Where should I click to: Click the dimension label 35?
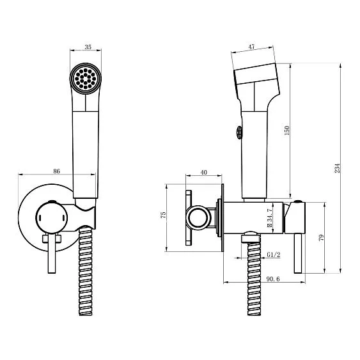88,47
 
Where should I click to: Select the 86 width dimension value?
56,171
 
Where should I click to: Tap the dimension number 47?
252,47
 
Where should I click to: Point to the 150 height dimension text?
287,130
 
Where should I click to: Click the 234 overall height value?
337,168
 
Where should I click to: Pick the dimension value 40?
203,172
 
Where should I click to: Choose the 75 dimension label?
163,215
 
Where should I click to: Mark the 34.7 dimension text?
270,217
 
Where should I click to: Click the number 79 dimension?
322,237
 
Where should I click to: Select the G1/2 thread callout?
274,254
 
